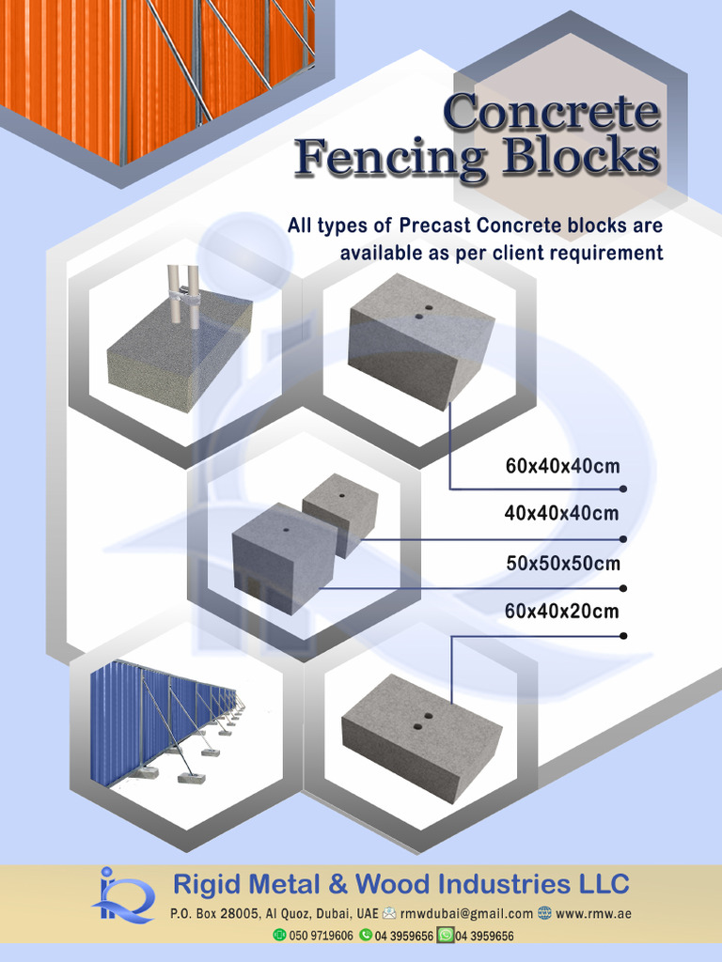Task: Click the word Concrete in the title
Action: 552,112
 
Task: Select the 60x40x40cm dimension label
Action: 562,466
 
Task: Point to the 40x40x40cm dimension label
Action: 561,513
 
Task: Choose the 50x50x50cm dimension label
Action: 563,564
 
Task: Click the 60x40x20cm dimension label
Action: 561,612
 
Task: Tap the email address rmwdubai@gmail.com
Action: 466,913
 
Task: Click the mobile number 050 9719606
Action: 321,936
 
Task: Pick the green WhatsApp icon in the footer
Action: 446,935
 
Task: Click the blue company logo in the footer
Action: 122,895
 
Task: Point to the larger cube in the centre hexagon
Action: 282,559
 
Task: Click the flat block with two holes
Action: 421,736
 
